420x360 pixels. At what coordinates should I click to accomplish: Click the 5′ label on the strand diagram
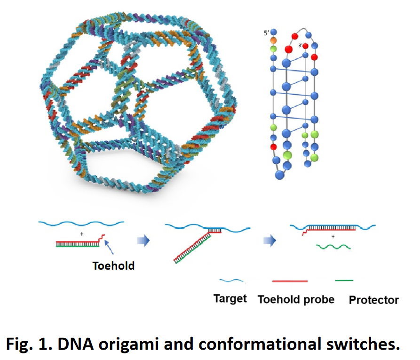click(265, 33)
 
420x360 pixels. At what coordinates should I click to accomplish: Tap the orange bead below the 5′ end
click(274, 40)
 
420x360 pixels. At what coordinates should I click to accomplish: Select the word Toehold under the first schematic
click(113, 266)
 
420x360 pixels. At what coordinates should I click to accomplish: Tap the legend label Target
click(230, 299)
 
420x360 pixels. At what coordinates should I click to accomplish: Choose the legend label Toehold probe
click(296, 299)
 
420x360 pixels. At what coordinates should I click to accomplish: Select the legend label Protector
click(373, 300)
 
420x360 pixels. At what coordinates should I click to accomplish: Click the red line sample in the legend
click(290, 281)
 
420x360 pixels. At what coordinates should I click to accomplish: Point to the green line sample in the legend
click(344, 281)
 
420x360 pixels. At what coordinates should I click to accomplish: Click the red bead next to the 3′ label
click(305, 46)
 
